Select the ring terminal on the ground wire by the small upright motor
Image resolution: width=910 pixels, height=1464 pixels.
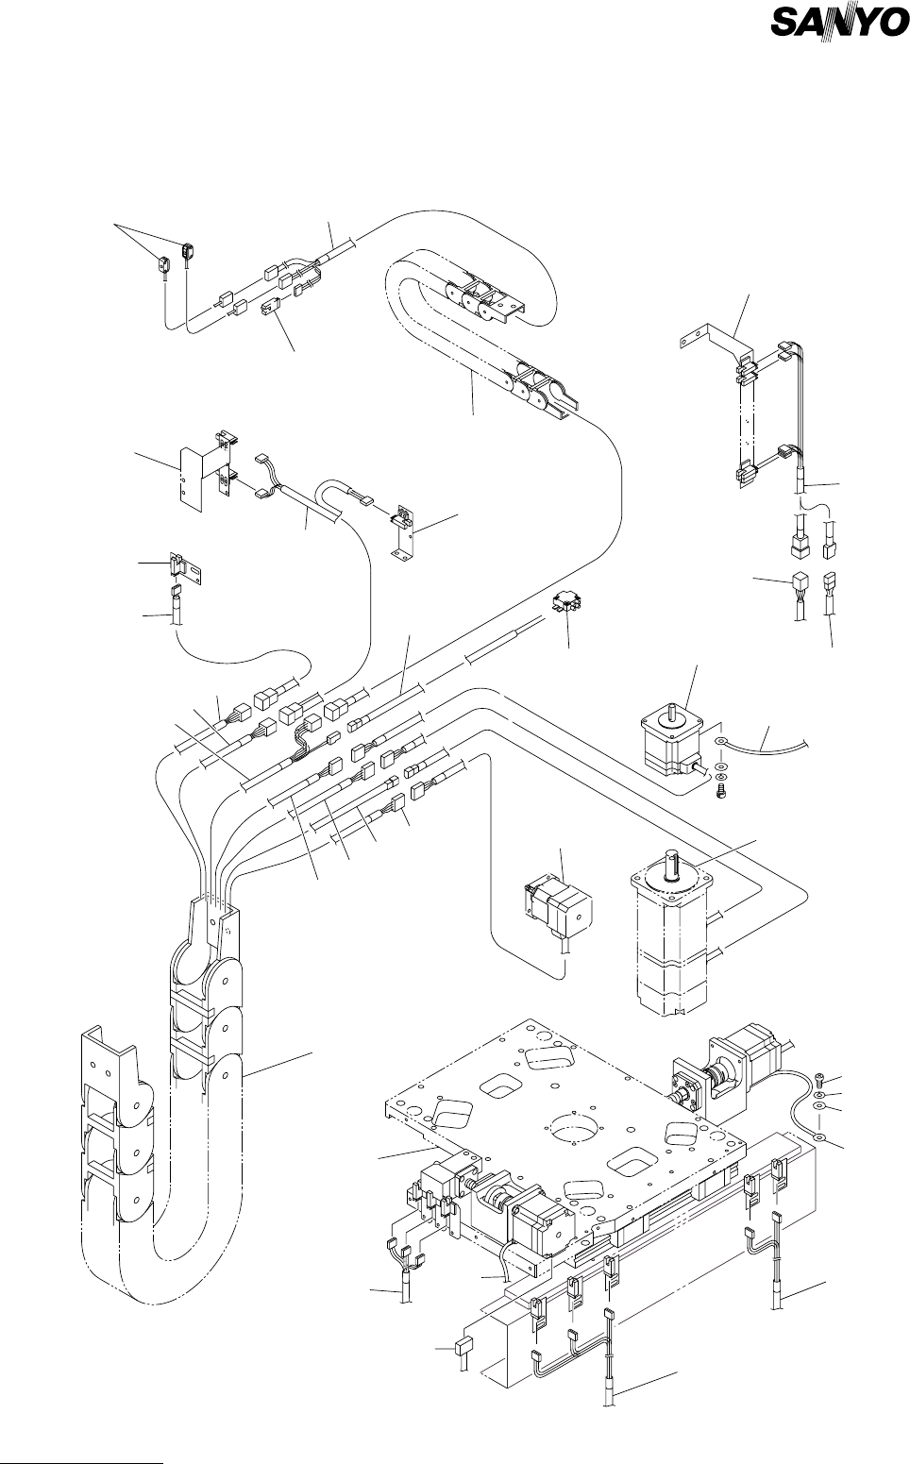722,742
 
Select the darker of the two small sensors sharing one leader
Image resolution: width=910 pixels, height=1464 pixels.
189,251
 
